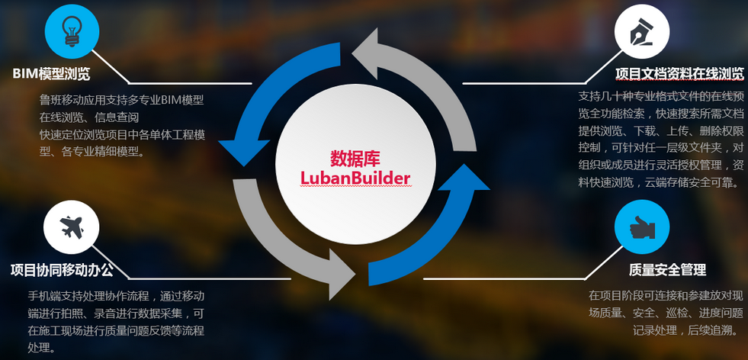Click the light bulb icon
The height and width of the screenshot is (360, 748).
[72, 31]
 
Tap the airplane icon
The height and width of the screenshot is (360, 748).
[72, 227]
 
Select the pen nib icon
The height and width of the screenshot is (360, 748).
[641, 31]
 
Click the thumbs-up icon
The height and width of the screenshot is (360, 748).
[641, 227]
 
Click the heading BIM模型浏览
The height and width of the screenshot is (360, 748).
[51, 73]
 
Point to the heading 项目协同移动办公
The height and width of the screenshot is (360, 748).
[62, 270]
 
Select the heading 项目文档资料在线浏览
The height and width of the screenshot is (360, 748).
[679, 73]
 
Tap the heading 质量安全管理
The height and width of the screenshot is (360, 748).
[667, 270]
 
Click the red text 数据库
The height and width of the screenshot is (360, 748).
[355, 159]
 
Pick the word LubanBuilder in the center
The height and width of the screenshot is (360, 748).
[355, 178]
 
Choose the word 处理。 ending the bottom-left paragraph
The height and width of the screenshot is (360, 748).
[41, 346]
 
